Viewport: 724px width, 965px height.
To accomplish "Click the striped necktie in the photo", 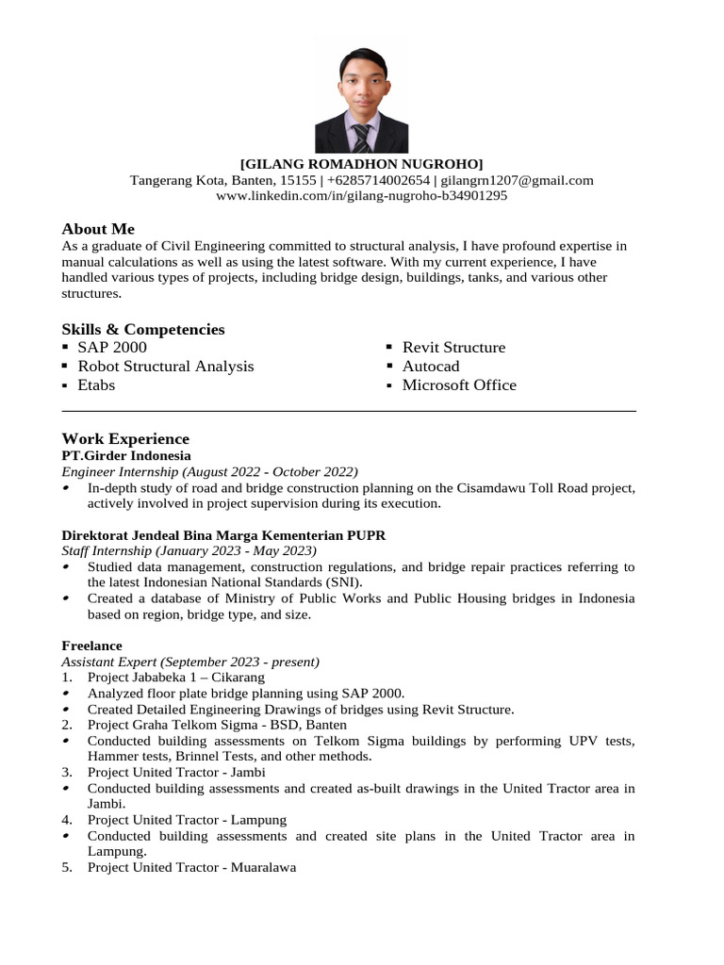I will [x=361, y=137].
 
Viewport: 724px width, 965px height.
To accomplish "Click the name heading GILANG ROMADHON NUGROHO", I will [x=362, y=164].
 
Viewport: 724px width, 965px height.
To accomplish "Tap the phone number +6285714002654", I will [x=378, y=180].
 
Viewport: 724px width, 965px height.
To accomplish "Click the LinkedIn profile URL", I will [x=362, y=196].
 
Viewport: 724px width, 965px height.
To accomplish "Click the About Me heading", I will [x=98, y=229].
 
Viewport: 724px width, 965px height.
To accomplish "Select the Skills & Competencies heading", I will [x=143, y=329].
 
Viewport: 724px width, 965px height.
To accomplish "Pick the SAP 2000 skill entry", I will [x=112, y=348].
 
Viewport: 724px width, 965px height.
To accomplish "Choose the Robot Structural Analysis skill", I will [x=166, y=367].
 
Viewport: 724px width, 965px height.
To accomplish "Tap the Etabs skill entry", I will [x=96, y=385].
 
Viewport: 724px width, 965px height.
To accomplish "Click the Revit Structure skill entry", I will [x=453, y=348].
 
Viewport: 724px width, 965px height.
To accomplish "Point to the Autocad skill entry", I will [x=431, y=367].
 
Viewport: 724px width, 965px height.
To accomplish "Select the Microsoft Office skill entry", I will [x=459, y=385].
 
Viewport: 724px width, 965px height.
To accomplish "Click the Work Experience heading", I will [x=125, y=439].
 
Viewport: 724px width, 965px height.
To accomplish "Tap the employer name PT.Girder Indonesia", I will [x=126, y=456].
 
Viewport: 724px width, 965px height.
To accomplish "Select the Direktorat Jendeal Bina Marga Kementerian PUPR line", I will [x=223, y=535].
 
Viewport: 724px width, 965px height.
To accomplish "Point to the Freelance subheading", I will [x=91, y=646].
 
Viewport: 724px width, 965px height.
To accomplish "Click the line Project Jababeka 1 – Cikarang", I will [x=176, y=678].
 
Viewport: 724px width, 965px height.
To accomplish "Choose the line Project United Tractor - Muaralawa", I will [x=191, y=867].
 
